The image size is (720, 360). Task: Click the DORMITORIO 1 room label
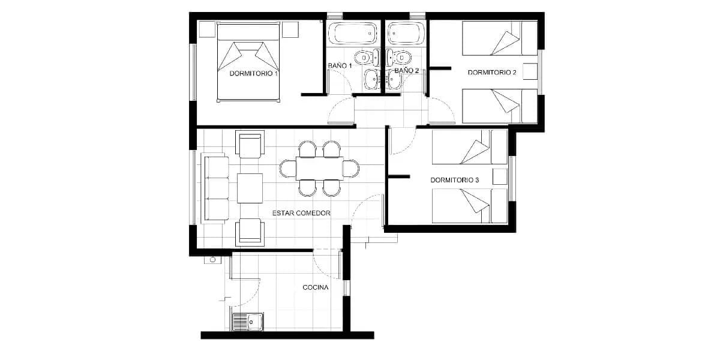pyautogui.click(x=254, y=74)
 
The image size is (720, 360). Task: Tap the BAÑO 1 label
pyautogui.click(x=340, y=65)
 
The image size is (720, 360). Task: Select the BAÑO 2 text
pyautogui.click(x=407, y=70)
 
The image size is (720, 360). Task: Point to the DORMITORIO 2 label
pyautogui.click(x=492, y=73)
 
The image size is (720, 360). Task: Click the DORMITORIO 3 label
pyautogui.click(x=455, y=180)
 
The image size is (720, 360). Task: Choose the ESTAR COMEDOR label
pyautogui.click(x=301, y=213)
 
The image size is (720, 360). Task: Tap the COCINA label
pyautogui.click(x=316, y=287)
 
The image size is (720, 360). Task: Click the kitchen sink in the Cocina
pyautogui.click(x=248, y=322)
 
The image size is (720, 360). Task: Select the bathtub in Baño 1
pyautogui.click(x=353, y=33)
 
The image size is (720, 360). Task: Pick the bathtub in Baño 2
pyautogui.click(x=406, y=33)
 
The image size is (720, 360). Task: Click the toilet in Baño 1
pyautogui.click(x=367, y=58)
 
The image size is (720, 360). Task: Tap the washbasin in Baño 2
pyautogui.click(x=394, y=79)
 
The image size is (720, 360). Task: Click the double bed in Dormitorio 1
pyautogui.click(x=248, y=62)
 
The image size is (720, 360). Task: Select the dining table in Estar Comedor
pyautogui.click(x=319, y=169)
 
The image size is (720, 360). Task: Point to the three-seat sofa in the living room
pyautogui.click(x=215, y=188)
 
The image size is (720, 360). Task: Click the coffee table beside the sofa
pyautogui.click(x=250, y=188)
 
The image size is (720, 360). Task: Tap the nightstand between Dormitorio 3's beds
pyautogui.click(x=500, y=176)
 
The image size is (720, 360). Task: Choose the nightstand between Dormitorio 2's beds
pyautogui.click(x=530, y=71)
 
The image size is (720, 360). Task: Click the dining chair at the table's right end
pyautogui.click(x=351, y=169)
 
